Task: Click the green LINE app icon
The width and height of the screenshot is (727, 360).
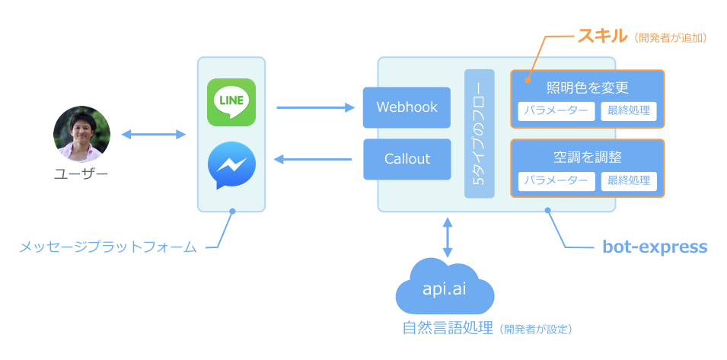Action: [x=231, y=102]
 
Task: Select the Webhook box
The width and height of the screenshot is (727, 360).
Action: [x=407, y=107]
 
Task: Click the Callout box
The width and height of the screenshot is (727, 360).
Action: [x=407, y=159]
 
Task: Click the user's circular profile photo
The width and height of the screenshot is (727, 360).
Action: [x=81, y=135]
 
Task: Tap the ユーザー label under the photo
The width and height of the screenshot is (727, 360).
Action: [x=81, y=174]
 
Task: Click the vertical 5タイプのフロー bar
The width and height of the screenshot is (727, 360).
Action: [x=480, y=134]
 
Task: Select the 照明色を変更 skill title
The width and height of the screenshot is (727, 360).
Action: [x=588, y=88]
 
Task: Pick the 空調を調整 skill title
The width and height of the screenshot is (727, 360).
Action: [x=588, y=158]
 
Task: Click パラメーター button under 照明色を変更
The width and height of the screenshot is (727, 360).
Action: [x=556, y=111]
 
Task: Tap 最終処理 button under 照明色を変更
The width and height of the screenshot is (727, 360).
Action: [x=629, y=111]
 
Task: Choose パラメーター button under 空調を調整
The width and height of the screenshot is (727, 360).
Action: [x=556, y=181]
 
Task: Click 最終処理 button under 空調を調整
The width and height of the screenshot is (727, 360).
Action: [x=629, y=181]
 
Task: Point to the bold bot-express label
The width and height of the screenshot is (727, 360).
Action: [x=655, y=247]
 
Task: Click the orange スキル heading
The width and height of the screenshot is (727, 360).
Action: [x=602, y=37]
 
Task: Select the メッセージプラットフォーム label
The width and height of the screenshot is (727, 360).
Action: [x=108, y=247]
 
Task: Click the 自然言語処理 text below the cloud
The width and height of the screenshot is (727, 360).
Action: [x=448, y=329]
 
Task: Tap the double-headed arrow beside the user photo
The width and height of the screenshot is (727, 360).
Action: [x=154, y=135]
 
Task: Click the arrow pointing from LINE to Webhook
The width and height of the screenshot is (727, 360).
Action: [x=316, y=108]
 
